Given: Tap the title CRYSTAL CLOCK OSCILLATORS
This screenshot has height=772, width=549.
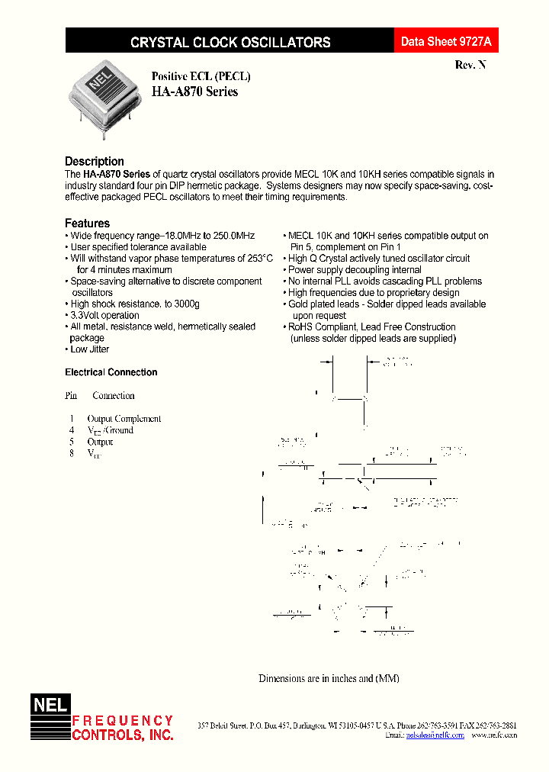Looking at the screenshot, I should [230, 43].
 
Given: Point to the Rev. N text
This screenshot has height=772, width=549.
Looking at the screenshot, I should [470, 66].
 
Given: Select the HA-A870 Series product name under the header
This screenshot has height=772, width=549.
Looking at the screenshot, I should [194, 92].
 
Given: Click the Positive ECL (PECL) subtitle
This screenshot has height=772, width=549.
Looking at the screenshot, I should [201, 76].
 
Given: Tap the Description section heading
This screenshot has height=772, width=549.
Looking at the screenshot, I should [95, 161].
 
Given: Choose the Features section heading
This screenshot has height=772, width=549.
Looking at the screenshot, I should [87, 223].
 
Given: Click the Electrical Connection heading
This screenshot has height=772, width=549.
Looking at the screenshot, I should [111, 372].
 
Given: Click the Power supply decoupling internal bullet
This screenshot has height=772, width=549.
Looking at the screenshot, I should [355, 270].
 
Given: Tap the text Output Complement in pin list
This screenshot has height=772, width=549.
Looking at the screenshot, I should [124, 419].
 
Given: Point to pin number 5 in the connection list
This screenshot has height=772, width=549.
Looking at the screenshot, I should [71, 442].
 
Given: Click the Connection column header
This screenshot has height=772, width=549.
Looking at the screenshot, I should [114, 396].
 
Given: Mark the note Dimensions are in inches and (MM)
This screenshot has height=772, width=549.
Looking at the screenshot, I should [329, 678].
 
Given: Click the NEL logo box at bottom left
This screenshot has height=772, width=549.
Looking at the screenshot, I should [50, 706].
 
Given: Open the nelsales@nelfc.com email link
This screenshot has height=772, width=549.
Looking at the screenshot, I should [435, 735].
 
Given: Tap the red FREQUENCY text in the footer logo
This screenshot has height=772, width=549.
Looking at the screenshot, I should [123, 721].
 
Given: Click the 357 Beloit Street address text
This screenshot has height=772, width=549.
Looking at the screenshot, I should [226, 725].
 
